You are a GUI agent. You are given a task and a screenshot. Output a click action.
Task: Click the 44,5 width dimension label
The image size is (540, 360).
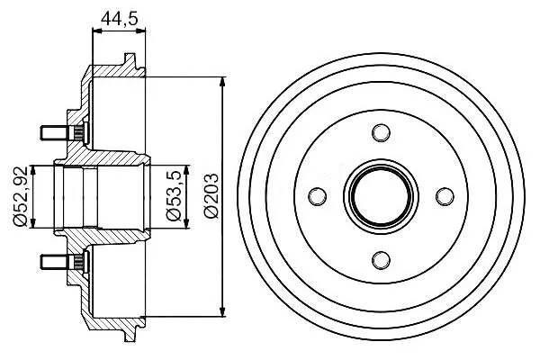pyautogui.click(x=119, y=18)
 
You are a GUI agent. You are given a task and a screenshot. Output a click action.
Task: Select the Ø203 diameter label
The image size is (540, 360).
pyautogui.click(x=211, y=195)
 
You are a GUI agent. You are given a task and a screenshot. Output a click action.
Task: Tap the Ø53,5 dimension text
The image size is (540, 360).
pyautogui.click(x=173, y=195)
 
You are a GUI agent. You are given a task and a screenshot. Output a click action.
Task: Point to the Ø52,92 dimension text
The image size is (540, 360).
pyautogui.click(x=20, y=196)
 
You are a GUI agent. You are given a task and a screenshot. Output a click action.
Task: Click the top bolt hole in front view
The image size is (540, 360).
pyautogui.click(x=381, y=132)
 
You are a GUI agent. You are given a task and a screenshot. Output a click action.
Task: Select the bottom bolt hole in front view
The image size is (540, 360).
pyautogui.click(x=381, y=260)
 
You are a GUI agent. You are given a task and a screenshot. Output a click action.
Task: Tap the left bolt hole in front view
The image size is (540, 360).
pyautogui.click(x=317, y=197)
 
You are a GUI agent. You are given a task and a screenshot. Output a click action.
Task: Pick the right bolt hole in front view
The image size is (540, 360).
pyautogui.click(x=445, y=197)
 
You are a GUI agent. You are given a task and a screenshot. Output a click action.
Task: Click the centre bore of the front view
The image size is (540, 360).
pyautogui.click(x=381, y=197)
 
